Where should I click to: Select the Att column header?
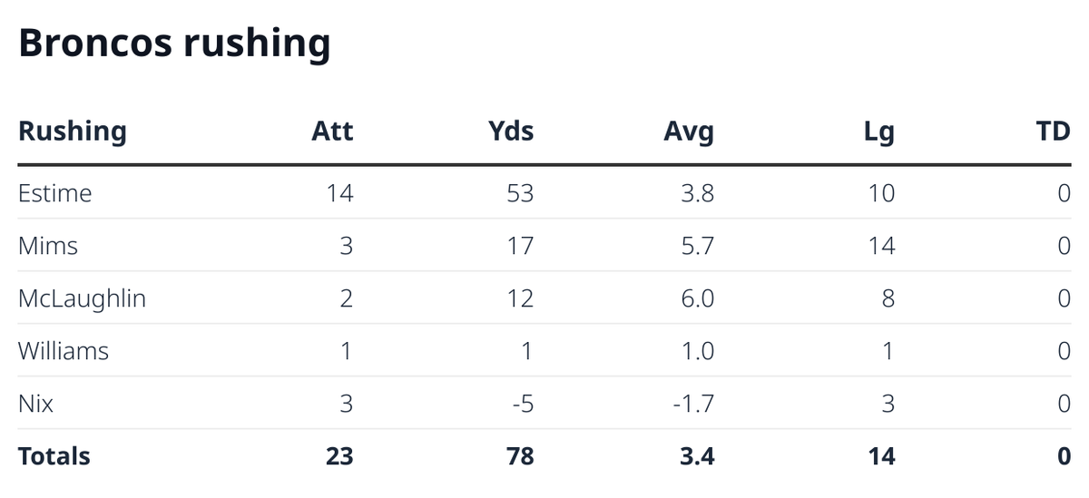(332, 132)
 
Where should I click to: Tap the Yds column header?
(511, 132)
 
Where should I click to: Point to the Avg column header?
(689, 132)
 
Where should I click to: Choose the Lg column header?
(879, 132)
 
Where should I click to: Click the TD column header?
(1053, 132)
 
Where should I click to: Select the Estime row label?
(55, 193)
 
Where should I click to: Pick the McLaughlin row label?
(82, 298)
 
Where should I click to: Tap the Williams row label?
(64, 351)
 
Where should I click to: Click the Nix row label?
(36, 404)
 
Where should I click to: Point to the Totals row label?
(54, 455)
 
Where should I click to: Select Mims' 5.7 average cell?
(698, 246)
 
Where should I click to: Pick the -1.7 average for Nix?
(694, 404)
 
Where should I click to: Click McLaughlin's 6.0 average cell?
(698, 298)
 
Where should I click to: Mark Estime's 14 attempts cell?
(339, 193)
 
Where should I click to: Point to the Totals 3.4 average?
(697, 455)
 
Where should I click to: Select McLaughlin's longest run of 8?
(888, 298)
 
